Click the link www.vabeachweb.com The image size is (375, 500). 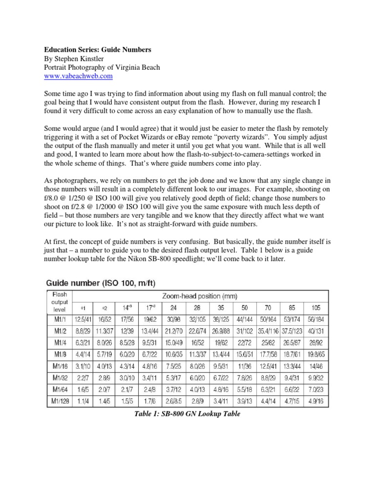click(78, 77)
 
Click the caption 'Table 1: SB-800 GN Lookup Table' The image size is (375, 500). click(187, 413)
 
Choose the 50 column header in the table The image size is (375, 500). click(244, 309)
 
